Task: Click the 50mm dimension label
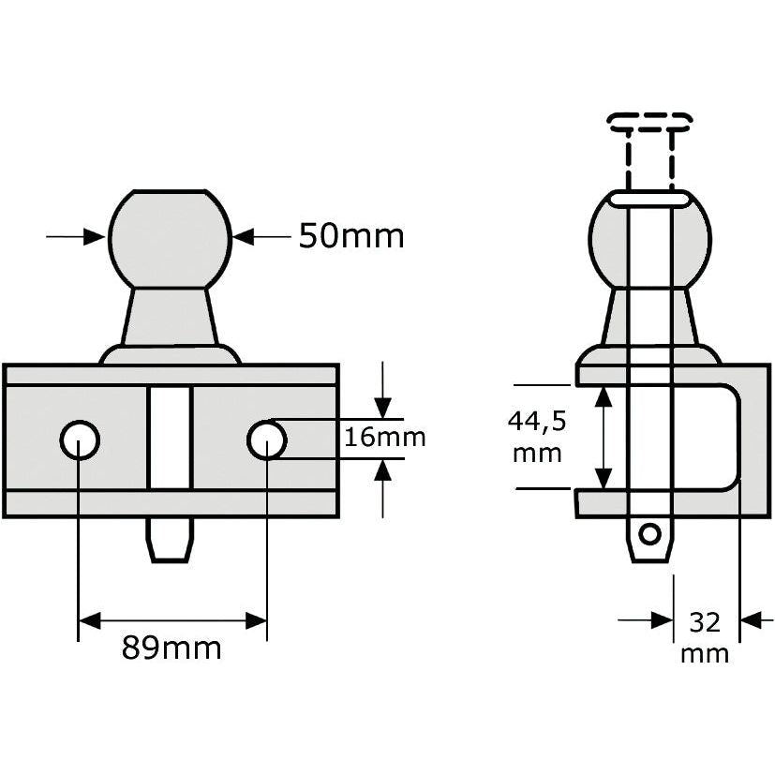(x=351, y=236)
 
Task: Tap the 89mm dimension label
(x=171, y=648)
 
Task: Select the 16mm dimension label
(x=384, y=438)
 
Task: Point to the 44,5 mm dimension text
(x=536, y=437)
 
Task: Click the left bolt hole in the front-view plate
(x=80, y=440)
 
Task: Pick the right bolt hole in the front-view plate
(x=267, y=440)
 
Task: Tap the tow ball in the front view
(x=170, y=238)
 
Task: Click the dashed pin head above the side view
(x=649, y=121)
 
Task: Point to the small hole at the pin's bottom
(x=648, y=534)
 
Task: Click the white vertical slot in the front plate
(x=170, y=437)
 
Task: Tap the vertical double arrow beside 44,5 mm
(x=604, y=437)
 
